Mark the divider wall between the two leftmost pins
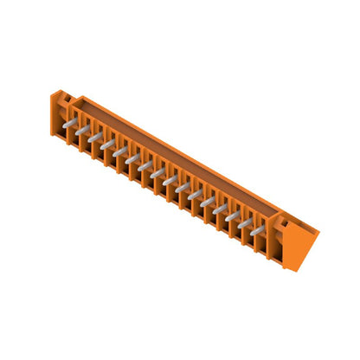(x=77, y=134)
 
